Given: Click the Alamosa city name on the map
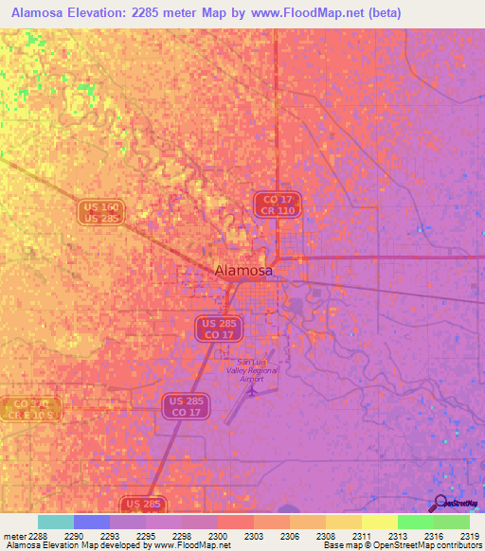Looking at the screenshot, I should pos(243,270).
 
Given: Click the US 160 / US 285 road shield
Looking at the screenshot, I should pos(100,212).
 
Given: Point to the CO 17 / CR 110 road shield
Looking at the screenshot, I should pos(278,204).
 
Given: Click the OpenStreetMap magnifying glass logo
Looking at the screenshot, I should pos(440,503).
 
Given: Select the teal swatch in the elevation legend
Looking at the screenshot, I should pos(55,522).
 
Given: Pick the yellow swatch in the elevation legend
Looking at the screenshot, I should pos(380,522).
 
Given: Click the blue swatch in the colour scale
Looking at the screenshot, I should pos(91,522).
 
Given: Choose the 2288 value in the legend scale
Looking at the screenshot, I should pos(38,536).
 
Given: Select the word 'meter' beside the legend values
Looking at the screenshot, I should pos(13,536).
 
